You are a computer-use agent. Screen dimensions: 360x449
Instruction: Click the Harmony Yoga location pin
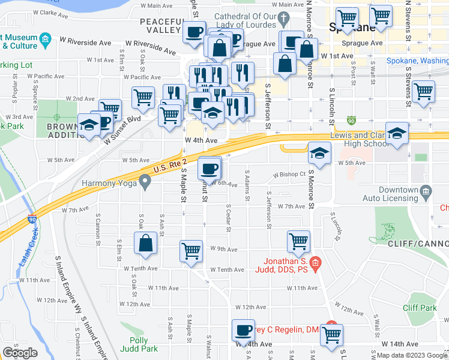coord(145,181)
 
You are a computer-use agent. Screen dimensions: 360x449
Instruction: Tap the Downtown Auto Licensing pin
coord(426,193)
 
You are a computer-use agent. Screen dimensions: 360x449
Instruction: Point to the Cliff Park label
coord(420,308)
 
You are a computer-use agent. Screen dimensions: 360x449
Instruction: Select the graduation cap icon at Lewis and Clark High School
coord(397,134)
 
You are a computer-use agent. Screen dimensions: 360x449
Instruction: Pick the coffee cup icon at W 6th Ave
coord(209,168)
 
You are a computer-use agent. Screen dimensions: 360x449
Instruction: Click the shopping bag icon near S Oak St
coord(145,244)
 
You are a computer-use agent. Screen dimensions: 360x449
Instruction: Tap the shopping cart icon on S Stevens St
coord(423,92)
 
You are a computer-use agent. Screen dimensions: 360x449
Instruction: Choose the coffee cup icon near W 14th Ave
coord(244,330)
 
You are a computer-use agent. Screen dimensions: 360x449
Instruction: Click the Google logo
coord(20,353)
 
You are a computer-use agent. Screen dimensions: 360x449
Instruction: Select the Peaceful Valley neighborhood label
coord(160,25)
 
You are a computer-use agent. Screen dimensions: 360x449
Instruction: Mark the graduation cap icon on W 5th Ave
coord(319,153)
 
